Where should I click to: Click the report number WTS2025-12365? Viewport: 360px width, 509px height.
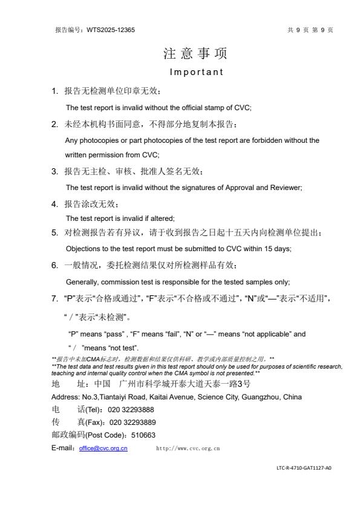pos(111,30)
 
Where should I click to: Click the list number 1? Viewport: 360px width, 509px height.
pos(54,91)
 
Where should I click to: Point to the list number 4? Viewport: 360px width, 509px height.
pos(54,204)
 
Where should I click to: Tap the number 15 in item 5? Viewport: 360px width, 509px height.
pos(250,248)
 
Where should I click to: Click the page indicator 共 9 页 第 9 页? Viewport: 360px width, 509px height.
pos(311,30)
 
